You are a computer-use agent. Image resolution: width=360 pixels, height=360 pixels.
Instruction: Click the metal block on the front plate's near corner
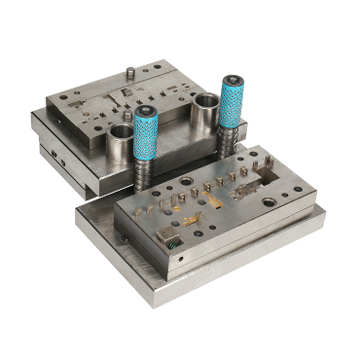(166, 237)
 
